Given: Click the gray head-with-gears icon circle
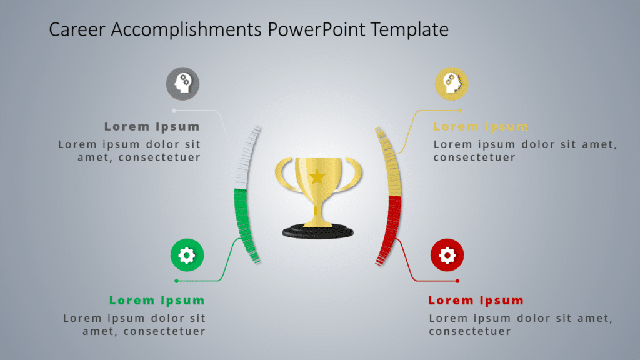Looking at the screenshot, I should coord(182,83).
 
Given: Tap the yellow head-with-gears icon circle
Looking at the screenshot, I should coord(451,83).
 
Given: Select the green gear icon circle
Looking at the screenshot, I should coord(187,255).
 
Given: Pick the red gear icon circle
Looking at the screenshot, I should coord(447,255).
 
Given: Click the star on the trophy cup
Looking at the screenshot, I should coord(317,176).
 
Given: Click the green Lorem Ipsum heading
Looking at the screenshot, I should coord(157,301).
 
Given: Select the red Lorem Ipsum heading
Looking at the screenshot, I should coord(476,301).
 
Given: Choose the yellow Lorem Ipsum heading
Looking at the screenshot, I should coord(481,127).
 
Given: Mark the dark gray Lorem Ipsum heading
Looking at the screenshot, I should coord(152,127).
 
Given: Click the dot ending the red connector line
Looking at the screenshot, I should coord(457,281).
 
